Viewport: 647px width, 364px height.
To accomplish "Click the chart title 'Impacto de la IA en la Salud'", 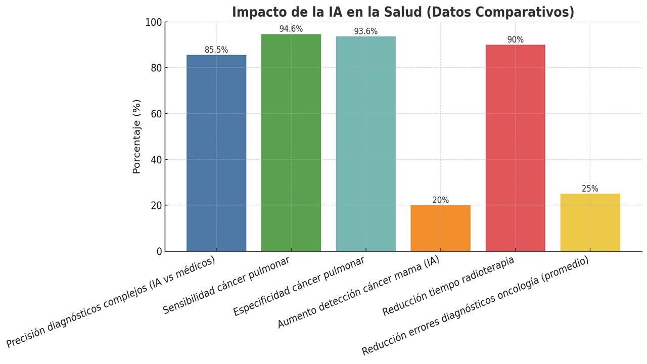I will [x=403, y=12].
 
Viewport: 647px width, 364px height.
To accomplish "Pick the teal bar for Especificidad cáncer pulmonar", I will [x=365, y=144].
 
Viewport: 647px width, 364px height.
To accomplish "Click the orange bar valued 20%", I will [x=440, y=228].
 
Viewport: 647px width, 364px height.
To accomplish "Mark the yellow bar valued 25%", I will [x=590, y=222].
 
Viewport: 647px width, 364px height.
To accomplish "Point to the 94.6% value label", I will [x=291, y=29].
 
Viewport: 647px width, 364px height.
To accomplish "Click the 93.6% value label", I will [x=365, y=31].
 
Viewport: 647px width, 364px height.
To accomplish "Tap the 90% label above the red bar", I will [x=515, y=40].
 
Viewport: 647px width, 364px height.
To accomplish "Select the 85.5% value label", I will [x=216, y=50].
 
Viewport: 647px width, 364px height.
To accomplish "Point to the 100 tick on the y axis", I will [x=153, y=23].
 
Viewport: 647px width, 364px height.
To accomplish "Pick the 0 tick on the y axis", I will [x=159, y=251].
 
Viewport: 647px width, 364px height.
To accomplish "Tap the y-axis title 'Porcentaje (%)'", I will [x=136, y=136].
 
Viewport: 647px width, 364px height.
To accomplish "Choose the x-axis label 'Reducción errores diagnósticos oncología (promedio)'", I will [x=475, y=306].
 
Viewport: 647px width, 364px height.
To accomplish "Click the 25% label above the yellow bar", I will [x=590, y=189].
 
